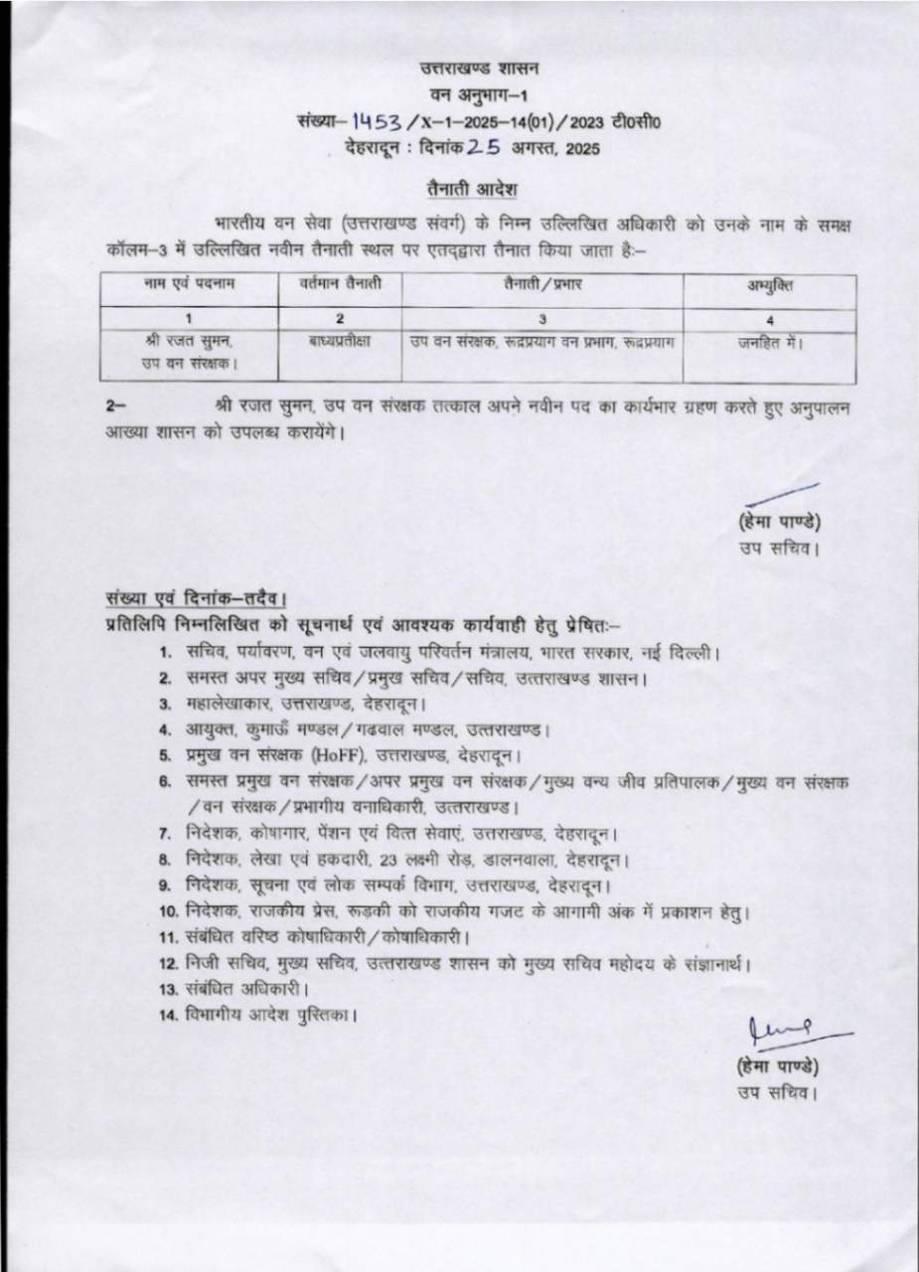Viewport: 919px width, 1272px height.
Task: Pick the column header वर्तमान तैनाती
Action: (340, 286)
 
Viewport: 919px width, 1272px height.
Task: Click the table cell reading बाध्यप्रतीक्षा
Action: (340, 341)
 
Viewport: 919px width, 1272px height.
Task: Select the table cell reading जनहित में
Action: (769, 341)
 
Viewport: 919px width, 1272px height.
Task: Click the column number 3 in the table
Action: (542, 319)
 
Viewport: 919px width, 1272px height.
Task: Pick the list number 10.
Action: (168, 911)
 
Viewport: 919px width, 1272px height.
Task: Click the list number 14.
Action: (168, 1016)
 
